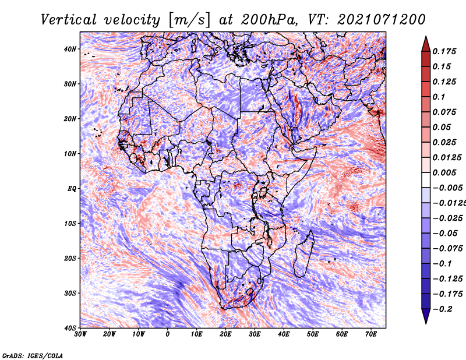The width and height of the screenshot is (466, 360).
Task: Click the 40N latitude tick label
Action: [70, 49]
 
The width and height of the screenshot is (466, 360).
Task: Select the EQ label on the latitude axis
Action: [72, 189]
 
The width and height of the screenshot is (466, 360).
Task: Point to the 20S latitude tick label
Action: [70, 258]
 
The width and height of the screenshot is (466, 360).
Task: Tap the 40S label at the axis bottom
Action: [70, 328]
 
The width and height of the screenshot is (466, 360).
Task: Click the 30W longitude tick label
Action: [80, 334]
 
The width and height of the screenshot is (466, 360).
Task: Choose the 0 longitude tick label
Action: [168, 334]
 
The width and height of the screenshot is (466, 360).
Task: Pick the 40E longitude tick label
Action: [284, 334]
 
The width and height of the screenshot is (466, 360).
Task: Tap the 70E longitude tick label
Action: [371, 334]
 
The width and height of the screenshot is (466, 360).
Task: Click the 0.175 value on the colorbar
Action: [444, 51]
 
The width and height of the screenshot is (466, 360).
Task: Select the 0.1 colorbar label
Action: [439, 97]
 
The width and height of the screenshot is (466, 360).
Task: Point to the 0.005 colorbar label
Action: [444, 172]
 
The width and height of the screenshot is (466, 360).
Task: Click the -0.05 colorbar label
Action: [445, 234]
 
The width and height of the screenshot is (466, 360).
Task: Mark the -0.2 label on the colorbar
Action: [442, 309]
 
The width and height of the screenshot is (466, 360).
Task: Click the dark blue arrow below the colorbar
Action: [426, 316]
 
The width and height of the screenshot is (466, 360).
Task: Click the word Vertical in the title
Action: [69, 20]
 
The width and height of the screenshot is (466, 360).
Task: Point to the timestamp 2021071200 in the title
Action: [382, 20]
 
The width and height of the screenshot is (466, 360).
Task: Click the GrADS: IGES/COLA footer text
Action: [33, 355]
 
